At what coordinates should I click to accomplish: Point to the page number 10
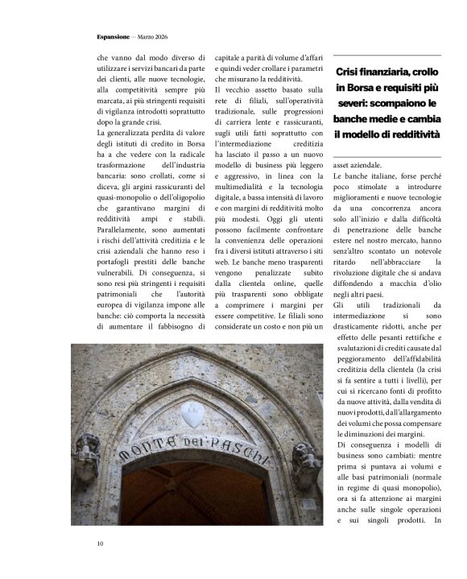100,544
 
